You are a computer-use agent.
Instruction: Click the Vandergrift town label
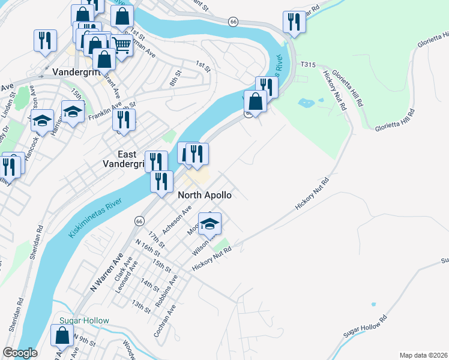(x=76, y=71)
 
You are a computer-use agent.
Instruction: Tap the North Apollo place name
(x=204, y=195)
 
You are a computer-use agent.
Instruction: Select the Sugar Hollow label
(x=84, y=320)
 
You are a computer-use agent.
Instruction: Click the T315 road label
(x=309, y=64)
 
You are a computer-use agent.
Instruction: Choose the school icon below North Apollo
(x=209, y=224)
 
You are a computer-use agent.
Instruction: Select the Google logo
(x=20, y=352)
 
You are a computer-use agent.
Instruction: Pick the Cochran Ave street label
(x=164, y=320)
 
